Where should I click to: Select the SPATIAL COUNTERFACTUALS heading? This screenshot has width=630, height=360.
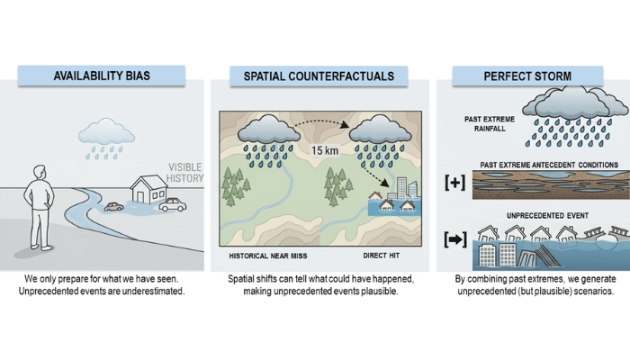point(319,76)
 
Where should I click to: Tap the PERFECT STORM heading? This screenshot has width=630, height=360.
point(526,75)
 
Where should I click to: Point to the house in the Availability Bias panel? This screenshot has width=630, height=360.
point(148,190)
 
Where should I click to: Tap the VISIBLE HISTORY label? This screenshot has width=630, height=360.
point(184,172)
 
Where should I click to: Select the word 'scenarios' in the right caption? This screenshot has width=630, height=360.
point(588,292)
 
